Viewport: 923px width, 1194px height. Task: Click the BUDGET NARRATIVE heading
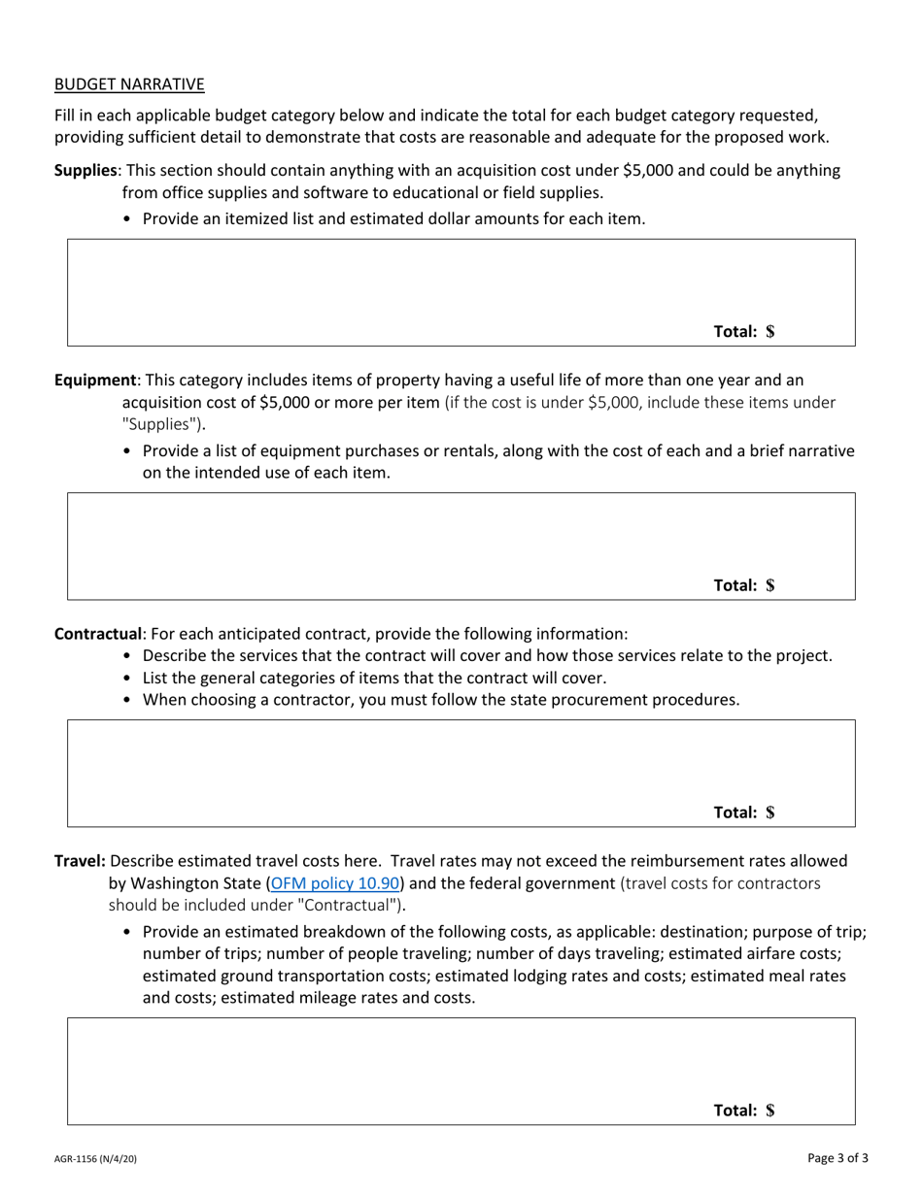coord(129,84)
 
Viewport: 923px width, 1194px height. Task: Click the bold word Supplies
coord(85,170)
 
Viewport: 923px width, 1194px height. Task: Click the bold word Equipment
coord(95,380)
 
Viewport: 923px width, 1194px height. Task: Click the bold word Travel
coord(80,861)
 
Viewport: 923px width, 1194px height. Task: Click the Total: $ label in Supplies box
coord(744,331)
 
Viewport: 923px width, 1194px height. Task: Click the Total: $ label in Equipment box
coord(744,585)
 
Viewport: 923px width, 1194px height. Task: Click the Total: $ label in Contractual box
coord(744,813)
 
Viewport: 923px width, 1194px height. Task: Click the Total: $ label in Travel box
coord(744,1111)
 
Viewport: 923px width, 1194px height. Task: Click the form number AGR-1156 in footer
coord(95,1159)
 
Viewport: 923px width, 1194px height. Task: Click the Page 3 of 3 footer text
coord(838,1157)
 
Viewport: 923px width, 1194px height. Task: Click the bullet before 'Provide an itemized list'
coord(128,219)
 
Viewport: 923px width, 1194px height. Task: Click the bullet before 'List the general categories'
coord(128,679)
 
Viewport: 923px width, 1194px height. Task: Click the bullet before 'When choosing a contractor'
coord(128,700)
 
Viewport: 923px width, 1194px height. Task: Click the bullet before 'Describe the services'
coord(128,656)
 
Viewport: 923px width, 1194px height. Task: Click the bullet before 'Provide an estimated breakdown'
coord(128,933)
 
